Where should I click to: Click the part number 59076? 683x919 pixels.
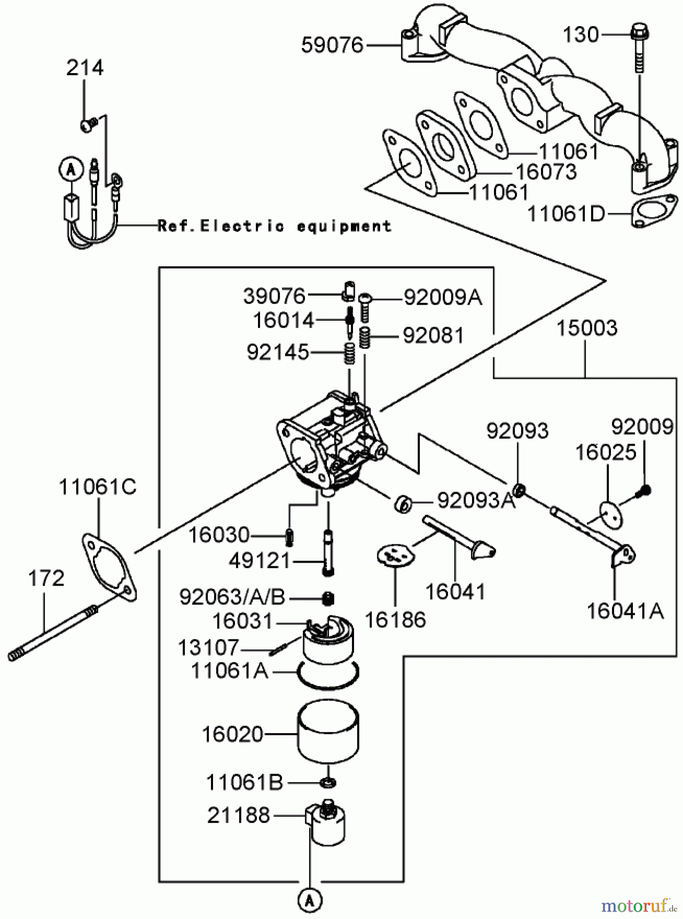tap(332, 45)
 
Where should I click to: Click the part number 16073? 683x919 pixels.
tap(546, 172)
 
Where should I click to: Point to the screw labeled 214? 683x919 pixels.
tap(86, 124)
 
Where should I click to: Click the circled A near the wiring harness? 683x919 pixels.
tap(71, 170)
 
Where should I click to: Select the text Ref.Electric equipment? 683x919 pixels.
tap(274, 226)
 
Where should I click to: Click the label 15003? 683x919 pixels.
tap(586, 328)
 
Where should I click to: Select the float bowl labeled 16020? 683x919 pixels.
tap(328, 734)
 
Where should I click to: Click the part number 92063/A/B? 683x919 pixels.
tap(231, 596)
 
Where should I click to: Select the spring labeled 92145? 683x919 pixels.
tap(348, 353)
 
